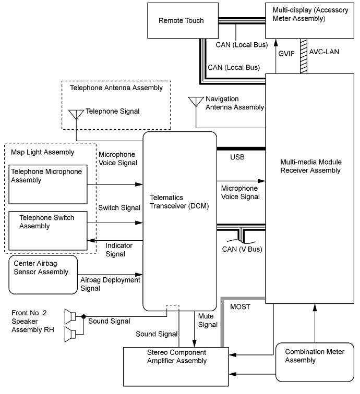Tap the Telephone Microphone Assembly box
(x=48, y=184)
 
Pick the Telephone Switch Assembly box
(x=48, y=230)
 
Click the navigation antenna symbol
(x=196, y=101)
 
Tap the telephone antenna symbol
(x=76, y=114)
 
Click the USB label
(x=238, y=156)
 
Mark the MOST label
(x=241, y=307)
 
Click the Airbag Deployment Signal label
(x=111, y=284)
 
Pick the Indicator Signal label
(x=119, y=249)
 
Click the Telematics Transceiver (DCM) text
(x=179, y=202)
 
